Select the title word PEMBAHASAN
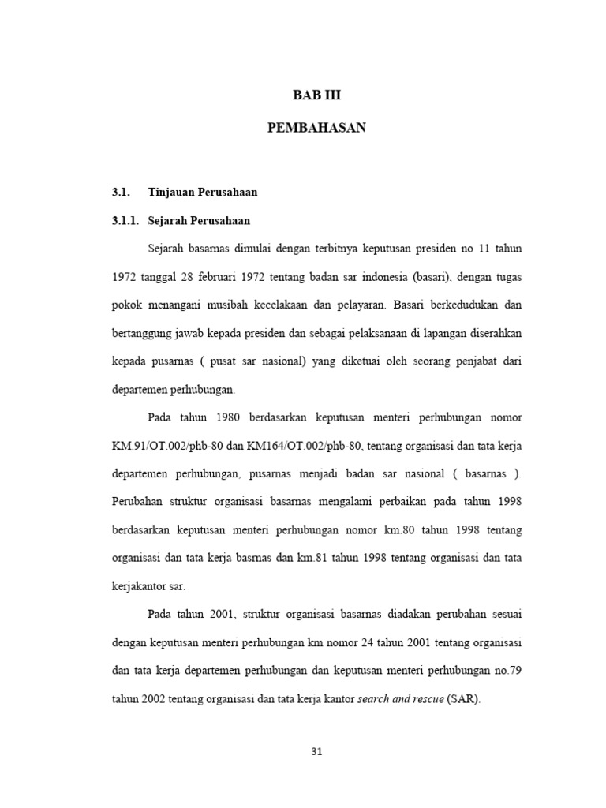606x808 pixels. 317,128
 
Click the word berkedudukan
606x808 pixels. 464,305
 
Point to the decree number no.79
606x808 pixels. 506,671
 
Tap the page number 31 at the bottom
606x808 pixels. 317,752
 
